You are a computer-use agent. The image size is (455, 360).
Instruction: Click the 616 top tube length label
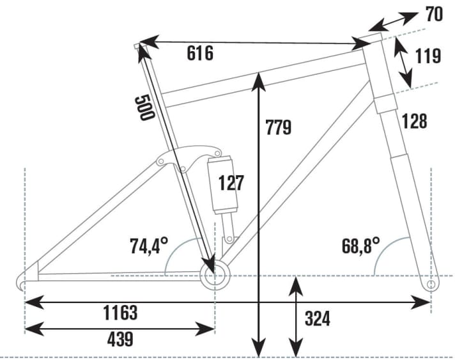200,54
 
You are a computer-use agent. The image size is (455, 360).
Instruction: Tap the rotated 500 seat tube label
144,107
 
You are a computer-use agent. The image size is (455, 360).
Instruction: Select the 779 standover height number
278,127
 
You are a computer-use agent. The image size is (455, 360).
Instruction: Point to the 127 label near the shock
230,182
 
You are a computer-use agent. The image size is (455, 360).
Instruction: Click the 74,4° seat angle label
148,245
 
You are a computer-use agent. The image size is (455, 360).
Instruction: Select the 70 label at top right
434,14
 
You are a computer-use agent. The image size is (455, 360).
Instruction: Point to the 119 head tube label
428,56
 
